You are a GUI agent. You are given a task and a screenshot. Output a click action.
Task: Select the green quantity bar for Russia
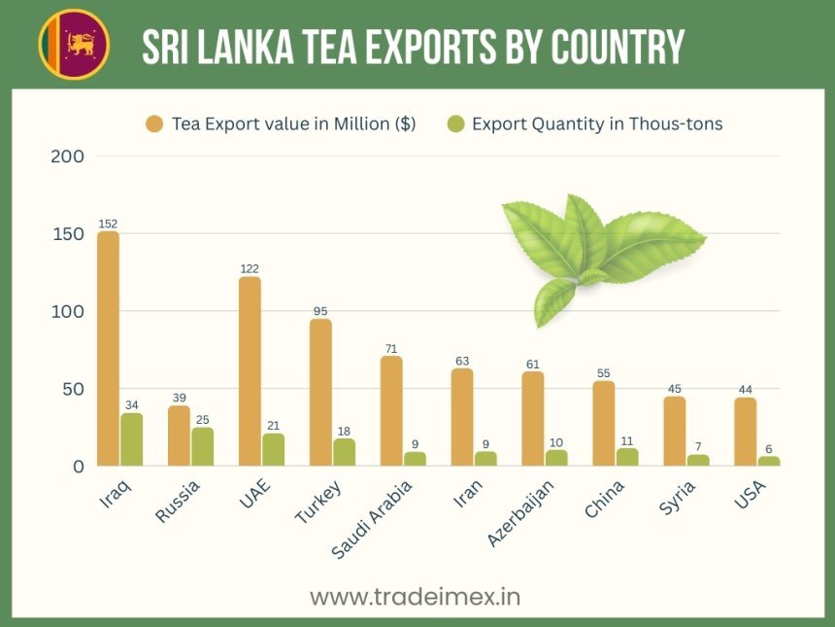point(202,446)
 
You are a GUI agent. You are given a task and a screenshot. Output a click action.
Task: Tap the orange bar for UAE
point(250,370)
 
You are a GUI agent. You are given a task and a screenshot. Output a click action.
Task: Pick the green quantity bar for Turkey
point(344,452)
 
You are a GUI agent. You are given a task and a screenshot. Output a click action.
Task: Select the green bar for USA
point(769,461)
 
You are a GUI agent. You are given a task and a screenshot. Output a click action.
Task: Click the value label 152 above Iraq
point(108,224)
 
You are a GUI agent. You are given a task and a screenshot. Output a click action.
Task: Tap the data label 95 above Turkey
point(320,311)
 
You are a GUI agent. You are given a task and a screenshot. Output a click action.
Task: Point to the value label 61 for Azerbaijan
point(533,364)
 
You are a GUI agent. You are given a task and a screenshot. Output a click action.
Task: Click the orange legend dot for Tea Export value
point(154,123)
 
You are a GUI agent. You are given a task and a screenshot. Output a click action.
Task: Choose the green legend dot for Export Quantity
point(455,123)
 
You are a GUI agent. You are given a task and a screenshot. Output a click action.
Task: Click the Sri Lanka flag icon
point(74,44)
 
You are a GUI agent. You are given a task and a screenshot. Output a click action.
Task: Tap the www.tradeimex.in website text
point(415,596)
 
